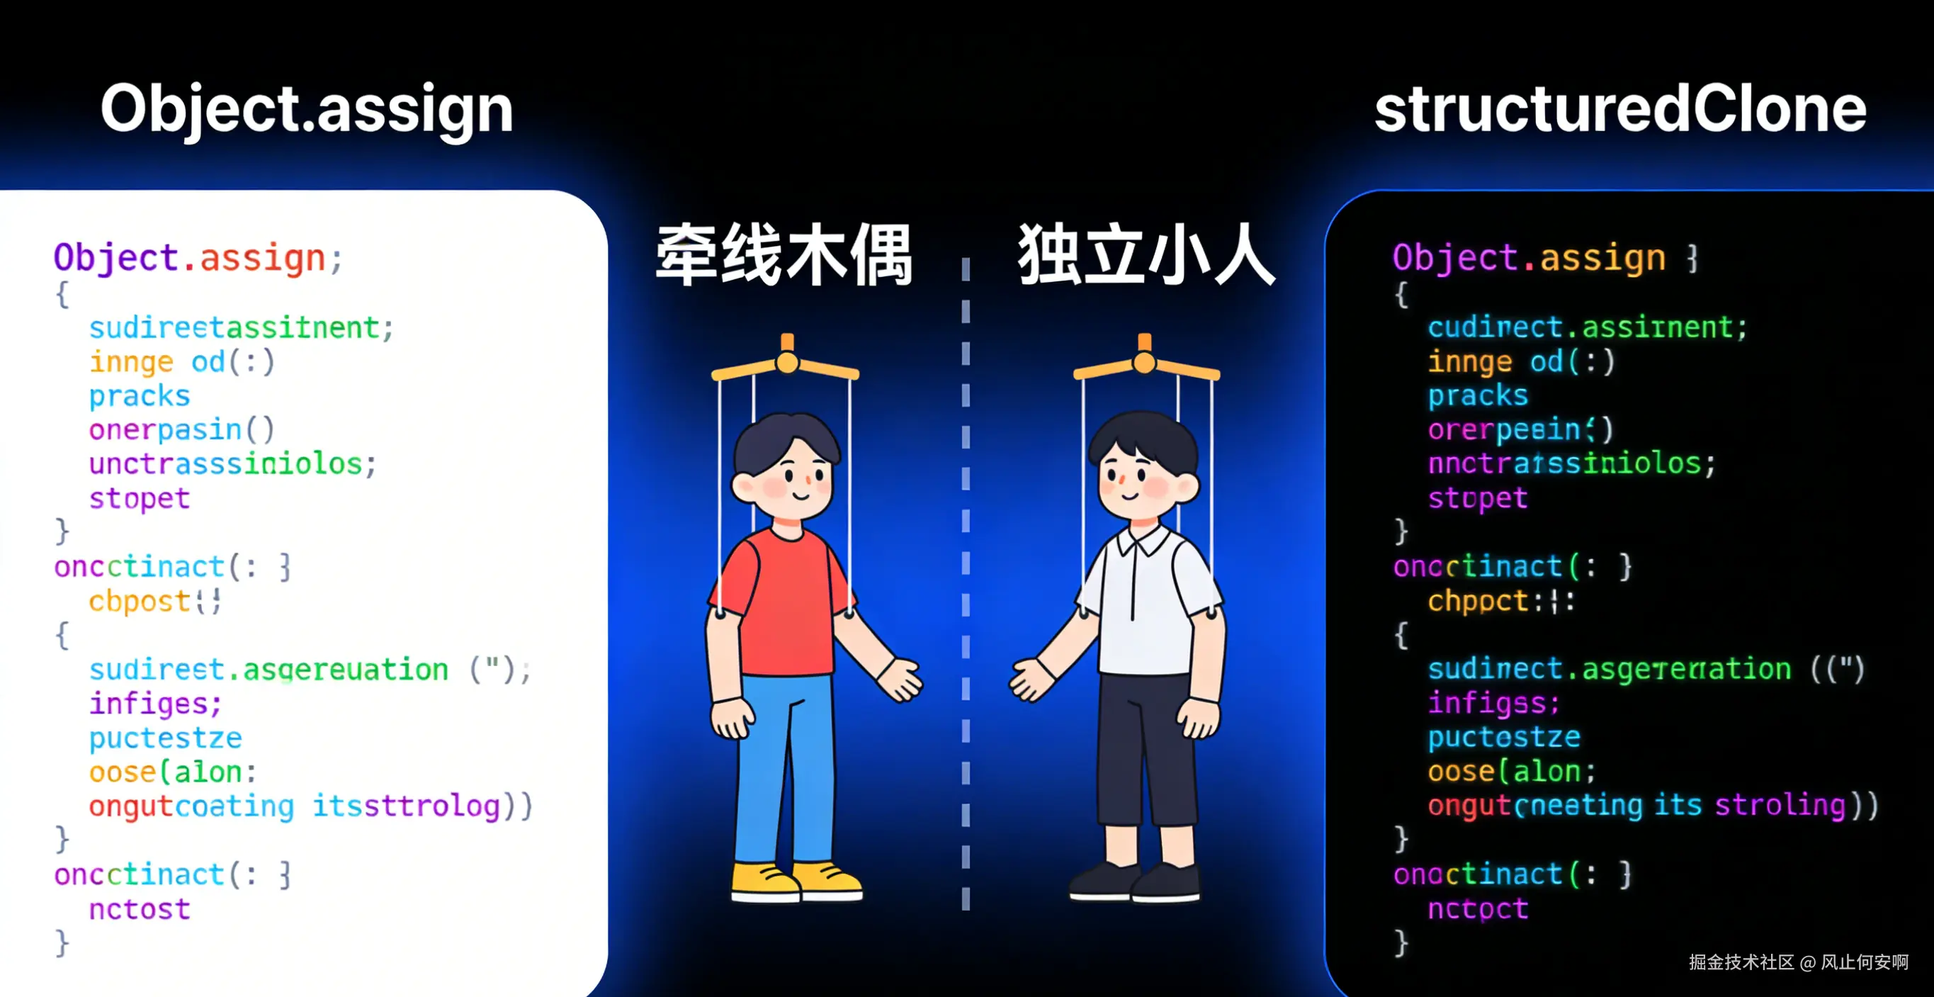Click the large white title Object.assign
point(306,110)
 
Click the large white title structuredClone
point(1619,110)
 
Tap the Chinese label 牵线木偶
point(784,255)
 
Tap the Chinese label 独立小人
point(1146,255)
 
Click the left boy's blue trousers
point(781,773)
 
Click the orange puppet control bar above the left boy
point(786,364)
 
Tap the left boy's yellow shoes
point(796,882)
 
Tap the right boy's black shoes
point(1133,882)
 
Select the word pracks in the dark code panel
point(1478,395)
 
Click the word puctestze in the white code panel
point(165,738)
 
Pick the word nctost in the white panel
point(139,909)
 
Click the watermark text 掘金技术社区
point(1741,962)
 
